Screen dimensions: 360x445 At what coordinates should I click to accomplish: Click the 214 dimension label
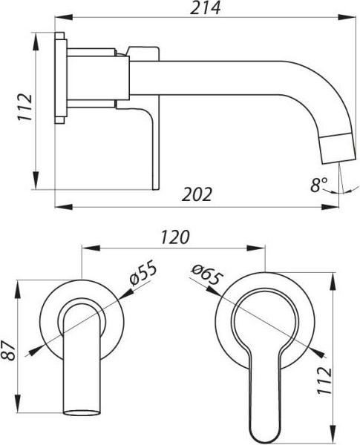(x=205, y=7)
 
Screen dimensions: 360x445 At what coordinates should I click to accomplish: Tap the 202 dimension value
(x=197, y=194)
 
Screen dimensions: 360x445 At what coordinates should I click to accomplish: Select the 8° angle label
(x=318, y=185)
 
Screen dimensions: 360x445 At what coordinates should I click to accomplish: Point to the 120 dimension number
(x=175, y=237)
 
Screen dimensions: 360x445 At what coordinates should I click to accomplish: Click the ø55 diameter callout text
(x=143, y=272)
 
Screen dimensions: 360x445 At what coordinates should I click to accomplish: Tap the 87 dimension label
(x=8, y=351)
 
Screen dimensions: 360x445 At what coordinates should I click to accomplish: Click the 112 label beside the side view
(x=25, y=107)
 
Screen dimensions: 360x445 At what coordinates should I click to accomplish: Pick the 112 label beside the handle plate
(x=324, y=380)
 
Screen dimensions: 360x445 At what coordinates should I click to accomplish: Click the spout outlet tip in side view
(x=338, y=161)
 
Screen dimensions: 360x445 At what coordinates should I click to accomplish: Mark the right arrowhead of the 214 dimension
(x=347, y=17)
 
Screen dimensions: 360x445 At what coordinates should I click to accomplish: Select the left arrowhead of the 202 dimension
(x=64, y=207)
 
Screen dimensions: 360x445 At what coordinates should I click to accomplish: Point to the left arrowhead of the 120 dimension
(x=91, y=248)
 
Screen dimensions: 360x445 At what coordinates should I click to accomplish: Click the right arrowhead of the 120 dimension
(x=256, y=248)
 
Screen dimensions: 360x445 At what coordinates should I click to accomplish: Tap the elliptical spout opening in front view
(x=82, y=412)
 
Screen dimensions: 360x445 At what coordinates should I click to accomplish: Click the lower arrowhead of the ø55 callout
(x=36, y=350)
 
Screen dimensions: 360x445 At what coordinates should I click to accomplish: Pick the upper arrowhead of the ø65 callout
(x=213, y=290)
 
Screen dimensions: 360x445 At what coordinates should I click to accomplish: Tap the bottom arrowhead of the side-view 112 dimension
(x=36, y=180)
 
